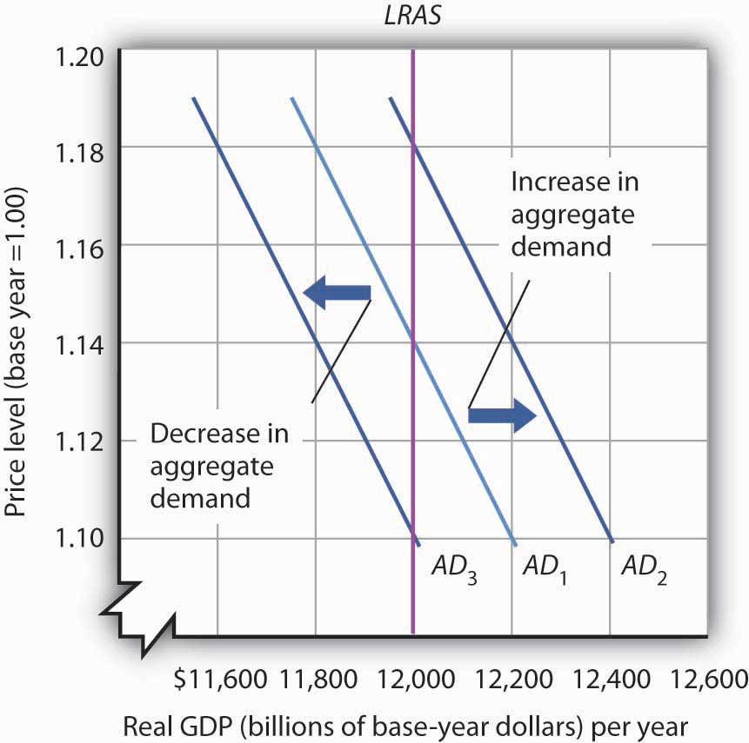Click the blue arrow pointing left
pos(337,293)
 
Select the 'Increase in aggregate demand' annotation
pos(573,214)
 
